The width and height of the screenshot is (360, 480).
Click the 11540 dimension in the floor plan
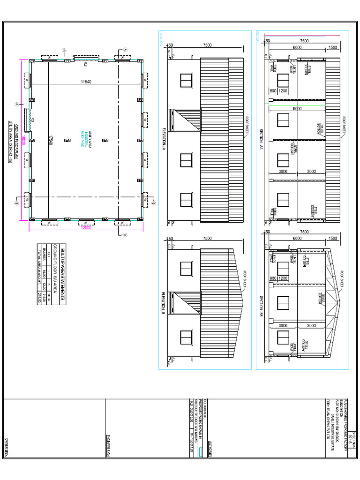85,82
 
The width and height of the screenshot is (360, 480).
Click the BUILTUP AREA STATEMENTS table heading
64,274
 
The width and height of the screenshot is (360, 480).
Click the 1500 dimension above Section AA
332,48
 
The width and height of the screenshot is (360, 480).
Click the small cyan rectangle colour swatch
200,451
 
